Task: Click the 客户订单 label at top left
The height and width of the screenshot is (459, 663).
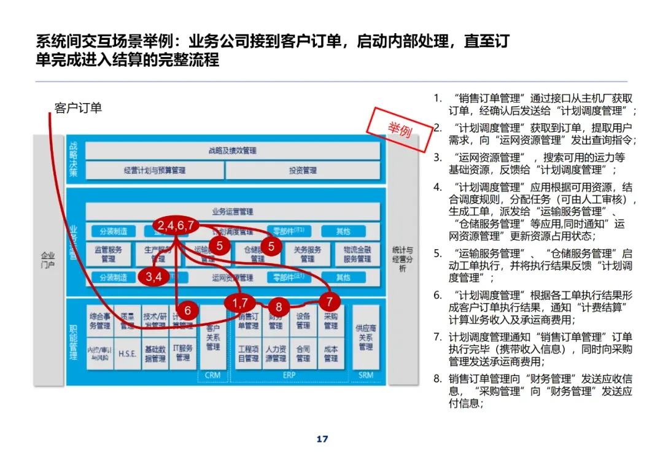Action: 78,108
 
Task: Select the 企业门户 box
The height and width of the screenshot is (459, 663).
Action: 47,260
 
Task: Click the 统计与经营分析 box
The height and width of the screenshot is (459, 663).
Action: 403,259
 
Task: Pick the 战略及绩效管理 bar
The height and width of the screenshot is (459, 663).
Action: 233,150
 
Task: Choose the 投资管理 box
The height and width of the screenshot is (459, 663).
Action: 303,170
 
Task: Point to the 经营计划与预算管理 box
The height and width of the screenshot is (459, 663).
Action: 154,170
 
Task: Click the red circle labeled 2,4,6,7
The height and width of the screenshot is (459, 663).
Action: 176,225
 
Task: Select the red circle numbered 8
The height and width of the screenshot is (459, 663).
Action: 279,307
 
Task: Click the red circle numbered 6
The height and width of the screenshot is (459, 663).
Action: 188,310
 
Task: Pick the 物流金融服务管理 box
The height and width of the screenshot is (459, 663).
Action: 357,255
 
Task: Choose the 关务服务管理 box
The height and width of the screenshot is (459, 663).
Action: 308,255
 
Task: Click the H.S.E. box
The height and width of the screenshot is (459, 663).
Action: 127,354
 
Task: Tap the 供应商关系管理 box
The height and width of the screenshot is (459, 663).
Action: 365,337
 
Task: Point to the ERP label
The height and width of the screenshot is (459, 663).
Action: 290,375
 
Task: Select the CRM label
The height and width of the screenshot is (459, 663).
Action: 212,375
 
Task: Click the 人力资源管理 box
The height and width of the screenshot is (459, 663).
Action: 276,354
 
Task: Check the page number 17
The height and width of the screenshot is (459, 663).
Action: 322,439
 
